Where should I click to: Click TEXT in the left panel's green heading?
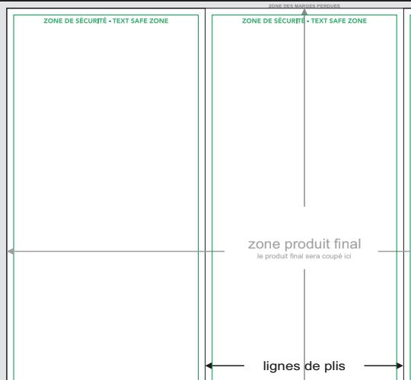[121, 21]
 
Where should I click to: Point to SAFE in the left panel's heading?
[139, 21]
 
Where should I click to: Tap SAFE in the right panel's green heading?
[338, 21]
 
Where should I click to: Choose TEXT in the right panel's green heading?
[319, 21]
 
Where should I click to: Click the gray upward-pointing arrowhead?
[304, 11]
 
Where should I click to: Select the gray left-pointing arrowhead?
[11, 252]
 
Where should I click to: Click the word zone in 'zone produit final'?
[264, 245]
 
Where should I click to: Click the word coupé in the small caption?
[333, 256]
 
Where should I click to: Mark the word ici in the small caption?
[348, 256]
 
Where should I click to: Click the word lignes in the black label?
[282, 366]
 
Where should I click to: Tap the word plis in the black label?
[335, 366]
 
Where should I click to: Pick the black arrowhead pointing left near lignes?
[209, 366]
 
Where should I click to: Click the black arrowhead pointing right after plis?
[400, 366]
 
